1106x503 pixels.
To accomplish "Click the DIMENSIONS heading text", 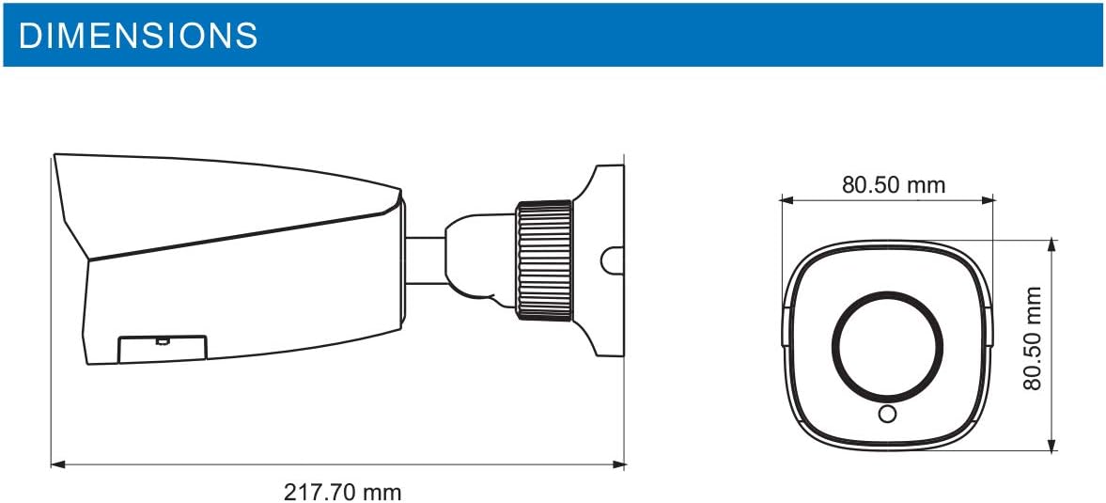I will point(138,35).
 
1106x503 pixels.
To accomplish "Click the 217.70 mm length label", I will point(342,491).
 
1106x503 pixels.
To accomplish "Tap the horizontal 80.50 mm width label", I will point(893,184).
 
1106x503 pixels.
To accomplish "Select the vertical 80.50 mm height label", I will point(1034,338).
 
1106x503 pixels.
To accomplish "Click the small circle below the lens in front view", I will point(886,414).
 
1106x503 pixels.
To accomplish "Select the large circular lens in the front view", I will point(886,345).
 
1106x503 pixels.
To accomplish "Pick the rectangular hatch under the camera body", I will point(162,348).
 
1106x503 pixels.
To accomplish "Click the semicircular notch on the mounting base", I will point(612,261).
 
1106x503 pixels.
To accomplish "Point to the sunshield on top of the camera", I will point(226,202).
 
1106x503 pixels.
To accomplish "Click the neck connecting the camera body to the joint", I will point(425,259).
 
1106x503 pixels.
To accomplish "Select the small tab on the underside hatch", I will point(162,338).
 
